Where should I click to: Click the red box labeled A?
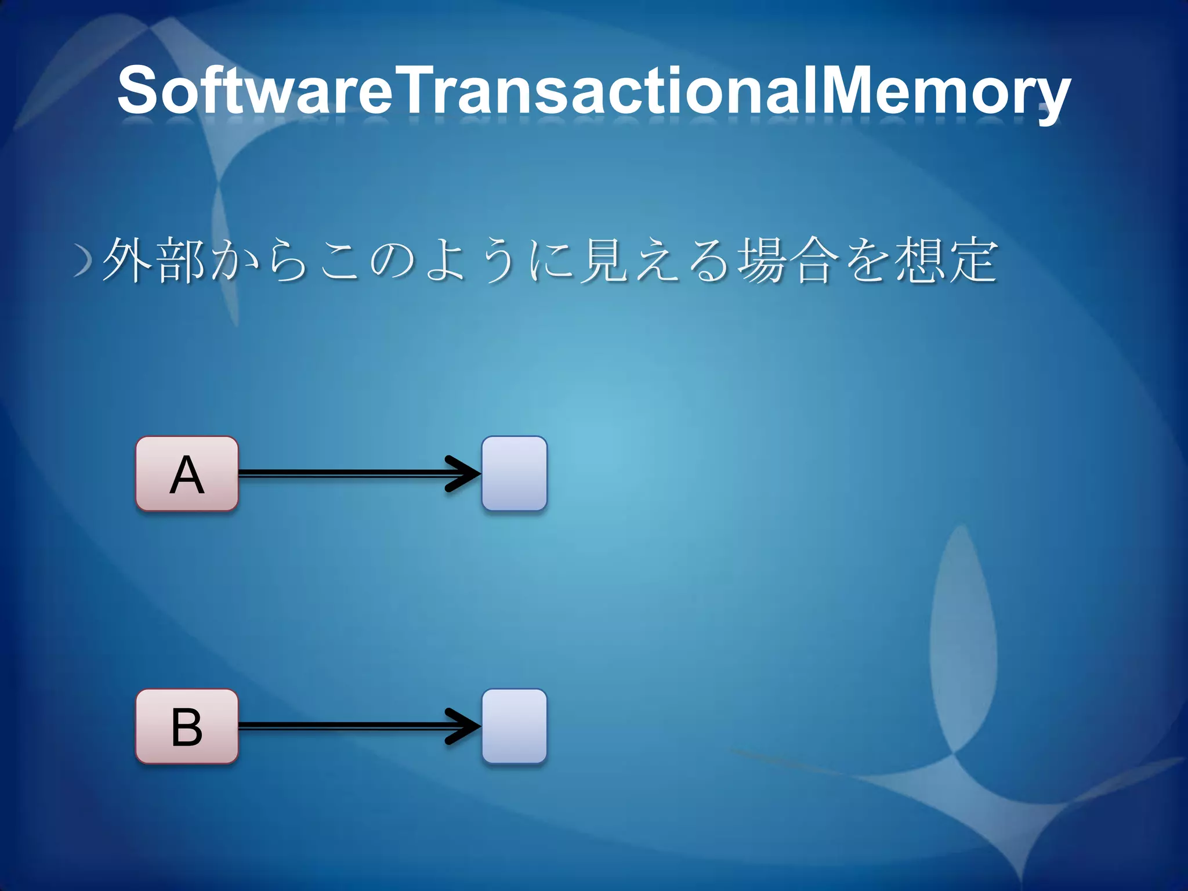pos(187,473)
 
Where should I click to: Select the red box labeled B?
pos(187,726)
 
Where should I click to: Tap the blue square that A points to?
pos(514,473)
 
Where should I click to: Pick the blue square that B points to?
pos(514,726)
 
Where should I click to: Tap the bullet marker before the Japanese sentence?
pos(84,262)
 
